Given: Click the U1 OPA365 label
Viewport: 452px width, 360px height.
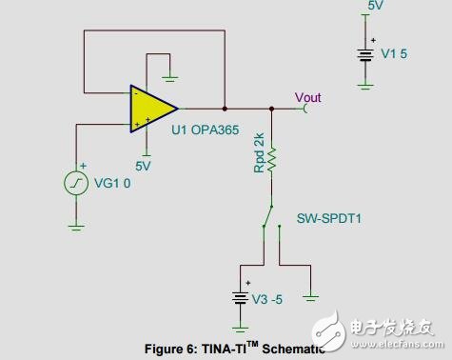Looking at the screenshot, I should point(204,130).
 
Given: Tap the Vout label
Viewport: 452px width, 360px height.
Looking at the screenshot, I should point(308,97).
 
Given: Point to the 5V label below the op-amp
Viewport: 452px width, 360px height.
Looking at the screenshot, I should point(143,165).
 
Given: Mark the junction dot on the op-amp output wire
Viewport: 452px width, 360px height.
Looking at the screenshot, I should point(225,107).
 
